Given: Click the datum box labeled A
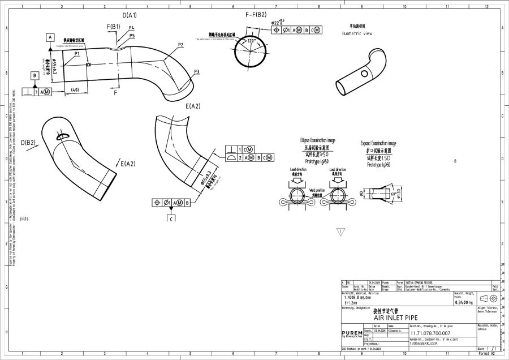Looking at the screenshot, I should [50, 37].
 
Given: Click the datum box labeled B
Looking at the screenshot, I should [34, 75].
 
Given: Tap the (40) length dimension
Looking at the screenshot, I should [73, 90].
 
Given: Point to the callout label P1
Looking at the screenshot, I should [77, 53].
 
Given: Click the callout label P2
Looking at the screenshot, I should [180, 45].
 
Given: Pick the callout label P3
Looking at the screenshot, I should [196, 71].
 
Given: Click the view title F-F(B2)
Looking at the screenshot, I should [256, 15].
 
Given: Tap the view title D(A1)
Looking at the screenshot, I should [130, 15].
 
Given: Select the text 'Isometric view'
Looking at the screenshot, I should [357, 33].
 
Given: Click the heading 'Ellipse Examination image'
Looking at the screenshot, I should [317, 140].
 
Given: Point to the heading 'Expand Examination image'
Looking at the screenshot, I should [378, 144].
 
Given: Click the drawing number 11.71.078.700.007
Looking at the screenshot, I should [430, 333].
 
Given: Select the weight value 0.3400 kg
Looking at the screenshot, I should [463, 303].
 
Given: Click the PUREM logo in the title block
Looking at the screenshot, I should [352, 333].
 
